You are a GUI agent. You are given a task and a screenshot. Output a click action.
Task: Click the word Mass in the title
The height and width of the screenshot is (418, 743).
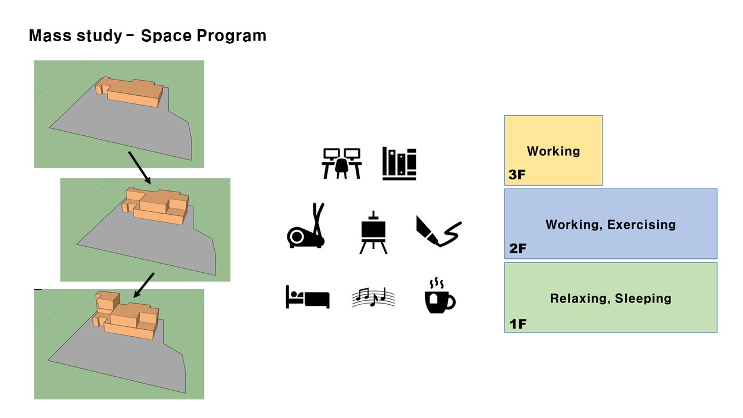point(50,35)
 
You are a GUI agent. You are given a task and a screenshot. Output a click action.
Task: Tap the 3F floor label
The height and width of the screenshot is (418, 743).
point(517,175)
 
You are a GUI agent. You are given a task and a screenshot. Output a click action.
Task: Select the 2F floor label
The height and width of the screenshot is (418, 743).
point(517,248)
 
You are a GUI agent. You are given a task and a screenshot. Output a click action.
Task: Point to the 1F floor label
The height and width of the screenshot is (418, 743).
point(518,324)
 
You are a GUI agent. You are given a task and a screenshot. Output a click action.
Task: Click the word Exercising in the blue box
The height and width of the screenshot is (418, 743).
point(641,225)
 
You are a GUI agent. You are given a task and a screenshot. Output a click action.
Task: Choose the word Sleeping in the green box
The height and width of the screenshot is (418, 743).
point(643,298)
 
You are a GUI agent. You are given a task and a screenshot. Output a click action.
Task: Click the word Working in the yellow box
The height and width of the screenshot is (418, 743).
point(553,151)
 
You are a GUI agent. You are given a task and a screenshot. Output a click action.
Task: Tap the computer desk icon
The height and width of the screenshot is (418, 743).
point(342,163)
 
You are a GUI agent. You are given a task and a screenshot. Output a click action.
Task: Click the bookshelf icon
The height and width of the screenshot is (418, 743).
point(399,164)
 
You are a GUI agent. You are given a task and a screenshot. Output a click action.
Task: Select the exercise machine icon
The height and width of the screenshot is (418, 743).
point(306,226)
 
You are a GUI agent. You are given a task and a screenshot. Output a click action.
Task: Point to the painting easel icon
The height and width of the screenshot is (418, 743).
point(373,233)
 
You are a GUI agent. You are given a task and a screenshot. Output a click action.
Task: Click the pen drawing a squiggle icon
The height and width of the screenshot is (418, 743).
point(438,232)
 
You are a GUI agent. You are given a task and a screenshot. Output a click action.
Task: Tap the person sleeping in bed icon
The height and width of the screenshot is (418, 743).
point(308,297)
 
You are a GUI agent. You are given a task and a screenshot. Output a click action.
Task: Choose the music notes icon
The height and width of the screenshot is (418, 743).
point(373,297)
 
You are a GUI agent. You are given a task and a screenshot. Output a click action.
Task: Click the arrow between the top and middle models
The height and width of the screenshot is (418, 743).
point(140,168)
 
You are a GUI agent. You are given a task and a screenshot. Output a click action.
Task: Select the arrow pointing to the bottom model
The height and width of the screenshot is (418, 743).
point(144,285)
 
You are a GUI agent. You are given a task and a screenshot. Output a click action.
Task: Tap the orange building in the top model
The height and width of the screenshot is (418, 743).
point(129,92)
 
